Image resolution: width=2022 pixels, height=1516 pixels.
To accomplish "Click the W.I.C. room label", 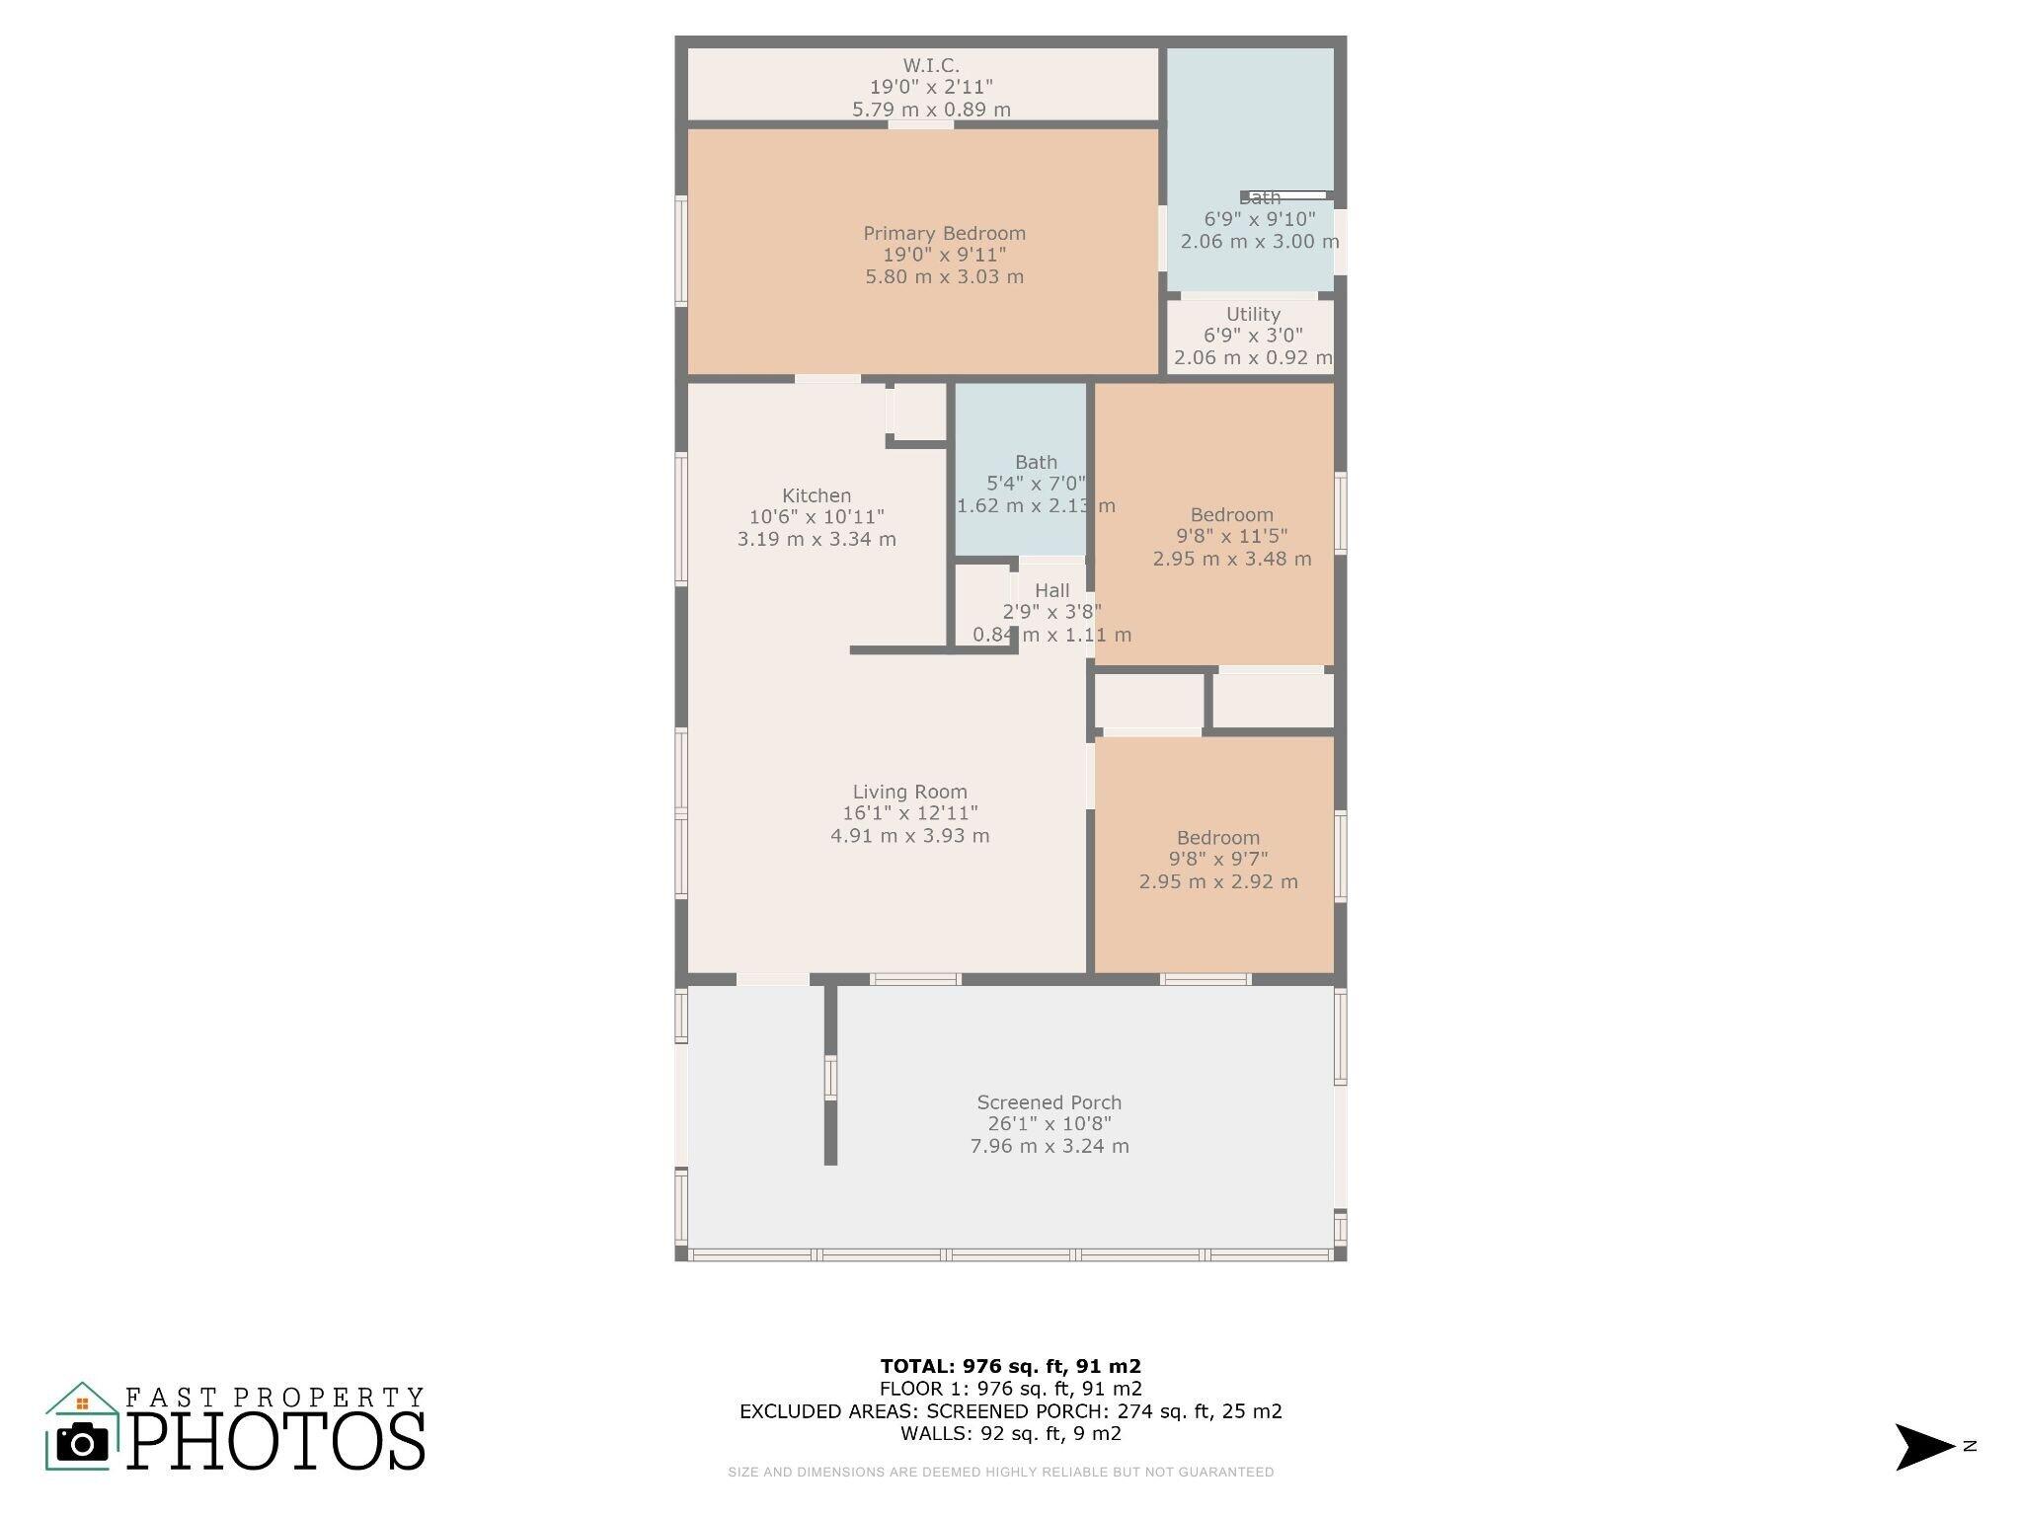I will pyautogui.click(x=931, y=66).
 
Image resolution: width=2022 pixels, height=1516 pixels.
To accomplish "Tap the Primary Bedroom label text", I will pyautogui.click(x=944, y=234).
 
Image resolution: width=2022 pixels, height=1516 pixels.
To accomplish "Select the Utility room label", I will pyautogui.click(x=1253, y=314).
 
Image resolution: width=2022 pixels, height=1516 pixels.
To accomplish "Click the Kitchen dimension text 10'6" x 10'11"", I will pyautogui.click(x=817, y=517).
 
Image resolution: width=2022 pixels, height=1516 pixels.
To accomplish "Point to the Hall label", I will pyautogui.click(x=1051, y=590).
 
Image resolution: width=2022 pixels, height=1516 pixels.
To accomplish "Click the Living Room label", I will pyautogui.click(x=909, y=792).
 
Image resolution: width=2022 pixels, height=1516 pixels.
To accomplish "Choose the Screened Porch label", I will pyautogui.click(x=1049, y=1102).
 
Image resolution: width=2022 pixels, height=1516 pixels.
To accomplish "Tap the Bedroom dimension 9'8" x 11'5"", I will pyautogui.click(x=1231, y=537).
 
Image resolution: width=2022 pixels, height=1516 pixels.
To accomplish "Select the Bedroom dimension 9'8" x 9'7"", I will pyautogui.click(x=1218, y=860).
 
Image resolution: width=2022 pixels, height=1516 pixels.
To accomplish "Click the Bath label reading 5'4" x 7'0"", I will pyautogui.click(x=1036, y=484).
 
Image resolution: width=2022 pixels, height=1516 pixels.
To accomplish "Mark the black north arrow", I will pyautogui.click(x=1923, y=1447).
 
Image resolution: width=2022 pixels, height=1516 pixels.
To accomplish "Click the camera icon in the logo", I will pyautogui.click(x=82, y=1443).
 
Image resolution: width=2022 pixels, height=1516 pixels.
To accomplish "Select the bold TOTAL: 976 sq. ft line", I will pyautogui.click(x=1010, y=1366).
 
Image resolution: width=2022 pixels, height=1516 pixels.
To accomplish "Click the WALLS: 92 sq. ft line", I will pyautogui.click(x=1010, y=1433).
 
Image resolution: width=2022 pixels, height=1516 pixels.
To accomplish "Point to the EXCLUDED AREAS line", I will pyautogui.click(x=1010, y=1411).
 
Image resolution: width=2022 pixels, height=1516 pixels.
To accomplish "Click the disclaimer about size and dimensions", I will pyautogui.click(x=1000, y=1472).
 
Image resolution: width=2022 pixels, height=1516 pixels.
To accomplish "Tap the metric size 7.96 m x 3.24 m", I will pyautogui.click(x=1049, y=1147).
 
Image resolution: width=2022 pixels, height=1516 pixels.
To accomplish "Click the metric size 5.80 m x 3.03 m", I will pyautogui.click(x=944, y=277).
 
